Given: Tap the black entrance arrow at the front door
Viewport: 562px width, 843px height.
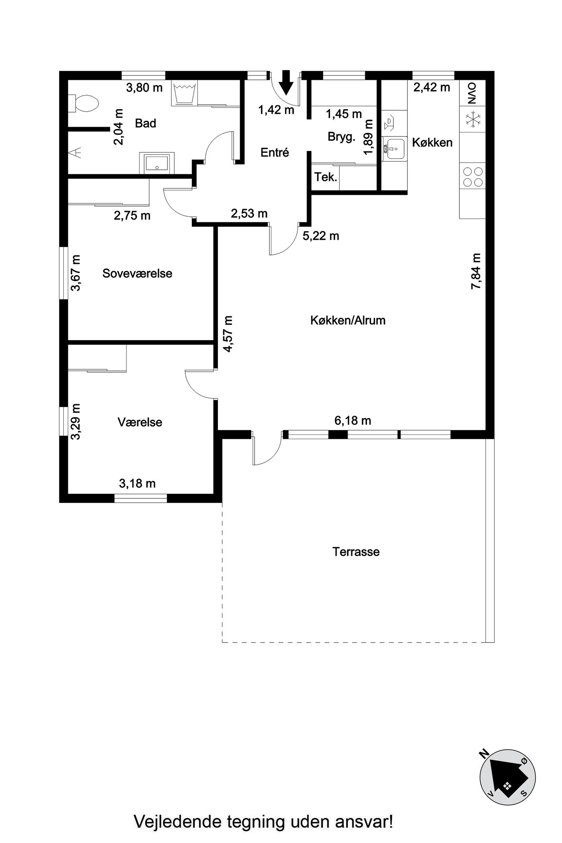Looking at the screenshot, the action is click(286, 82).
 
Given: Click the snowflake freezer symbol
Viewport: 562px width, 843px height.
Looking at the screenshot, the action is click(472, 119).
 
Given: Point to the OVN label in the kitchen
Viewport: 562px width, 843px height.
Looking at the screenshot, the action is click(472, 93).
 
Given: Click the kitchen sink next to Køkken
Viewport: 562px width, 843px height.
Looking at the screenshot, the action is click(395, 149).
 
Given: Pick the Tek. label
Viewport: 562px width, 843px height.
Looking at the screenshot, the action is click(326, 177).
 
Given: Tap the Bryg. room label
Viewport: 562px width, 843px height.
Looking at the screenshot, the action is click(342, 137).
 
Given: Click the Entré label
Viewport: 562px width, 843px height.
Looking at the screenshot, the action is click(275, 153).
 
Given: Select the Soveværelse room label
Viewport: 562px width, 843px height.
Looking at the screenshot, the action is click(137, 273).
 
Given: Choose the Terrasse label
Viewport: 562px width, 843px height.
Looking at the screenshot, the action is click(356, 552).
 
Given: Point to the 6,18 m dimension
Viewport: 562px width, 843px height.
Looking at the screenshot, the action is click(352, 421).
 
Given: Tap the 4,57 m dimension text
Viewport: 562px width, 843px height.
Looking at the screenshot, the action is click(228, 334).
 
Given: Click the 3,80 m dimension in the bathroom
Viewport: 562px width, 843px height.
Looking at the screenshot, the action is click(144, 88).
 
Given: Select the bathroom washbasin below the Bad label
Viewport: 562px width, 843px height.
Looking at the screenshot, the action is click(157, 163).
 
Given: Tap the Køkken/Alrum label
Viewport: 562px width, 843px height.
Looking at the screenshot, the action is click(348, 320).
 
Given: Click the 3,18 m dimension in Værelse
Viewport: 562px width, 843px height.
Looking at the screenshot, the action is click(137, 484).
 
